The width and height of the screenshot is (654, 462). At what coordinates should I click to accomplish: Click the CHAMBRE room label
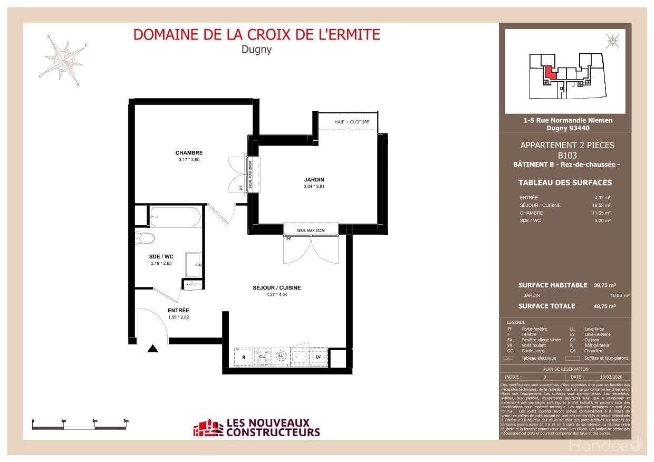(189, 153)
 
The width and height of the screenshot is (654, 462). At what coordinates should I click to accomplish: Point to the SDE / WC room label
(161, 256)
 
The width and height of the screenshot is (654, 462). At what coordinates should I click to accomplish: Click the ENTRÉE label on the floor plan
(178, 311)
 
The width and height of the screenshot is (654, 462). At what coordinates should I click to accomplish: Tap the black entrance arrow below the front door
(153, 349)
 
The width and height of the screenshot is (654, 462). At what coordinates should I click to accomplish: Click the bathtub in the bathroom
(175, 216)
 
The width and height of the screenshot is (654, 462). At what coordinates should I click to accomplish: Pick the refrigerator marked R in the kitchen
(243, 357)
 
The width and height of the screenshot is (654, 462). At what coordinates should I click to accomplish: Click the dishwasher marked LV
(318, 357)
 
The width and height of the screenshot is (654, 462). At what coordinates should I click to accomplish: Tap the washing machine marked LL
(281, 357)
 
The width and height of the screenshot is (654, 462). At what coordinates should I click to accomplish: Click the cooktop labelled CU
(262, 357)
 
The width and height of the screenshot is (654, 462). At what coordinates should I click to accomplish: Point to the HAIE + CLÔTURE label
(352, 122)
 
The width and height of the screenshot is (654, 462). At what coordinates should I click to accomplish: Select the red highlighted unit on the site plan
(549, 72)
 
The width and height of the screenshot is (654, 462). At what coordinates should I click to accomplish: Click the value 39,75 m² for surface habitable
(604, 285)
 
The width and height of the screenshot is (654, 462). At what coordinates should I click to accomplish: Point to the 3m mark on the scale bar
(126, 421)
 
